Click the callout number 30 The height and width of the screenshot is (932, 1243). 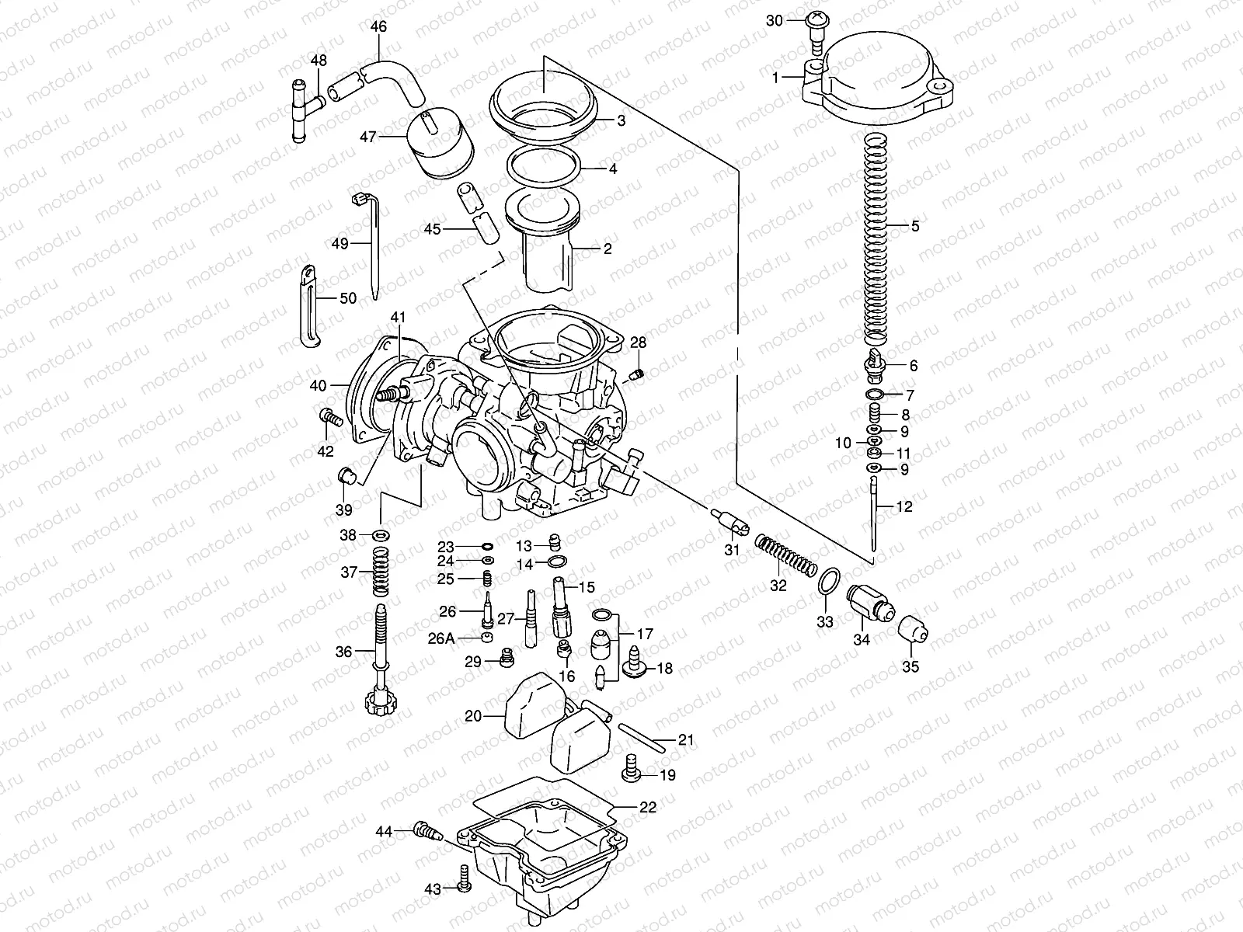pos(775,21)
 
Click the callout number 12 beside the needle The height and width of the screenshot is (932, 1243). pos(904,506)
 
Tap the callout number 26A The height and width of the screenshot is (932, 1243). pos(440,638)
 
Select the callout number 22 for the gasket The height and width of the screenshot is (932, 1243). pos(648,807)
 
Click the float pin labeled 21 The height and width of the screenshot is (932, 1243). pos(642,737)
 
